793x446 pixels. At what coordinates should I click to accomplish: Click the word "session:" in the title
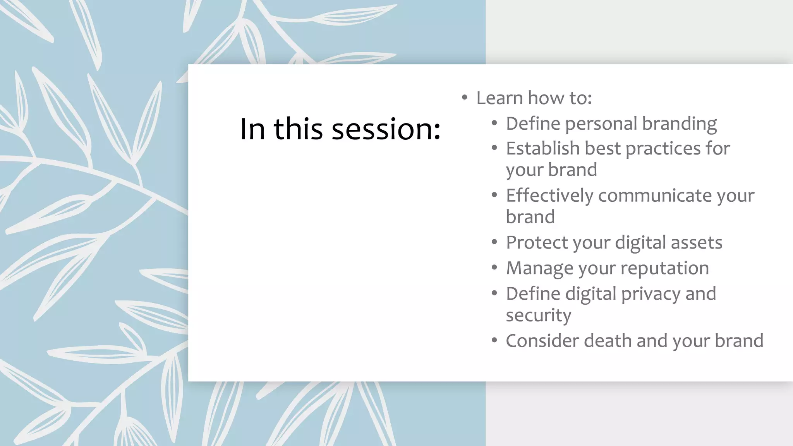386,129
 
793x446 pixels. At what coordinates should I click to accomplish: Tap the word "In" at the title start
252,129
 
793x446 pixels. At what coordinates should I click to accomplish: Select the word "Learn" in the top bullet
499,98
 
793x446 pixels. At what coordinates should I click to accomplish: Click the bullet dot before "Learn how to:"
464,98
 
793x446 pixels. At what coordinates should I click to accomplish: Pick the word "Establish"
543,148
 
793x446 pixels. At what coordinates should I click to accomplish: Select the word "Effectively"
549,196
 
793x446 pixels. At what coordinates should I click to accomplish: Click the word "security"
538,315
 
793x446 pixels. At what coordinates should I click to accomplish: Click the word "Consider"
542,341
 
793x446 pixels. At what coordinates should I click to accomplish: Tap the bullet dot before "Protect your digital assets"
494,242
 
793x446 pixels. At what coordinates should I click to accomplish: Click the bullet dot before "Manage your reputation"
494,268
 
